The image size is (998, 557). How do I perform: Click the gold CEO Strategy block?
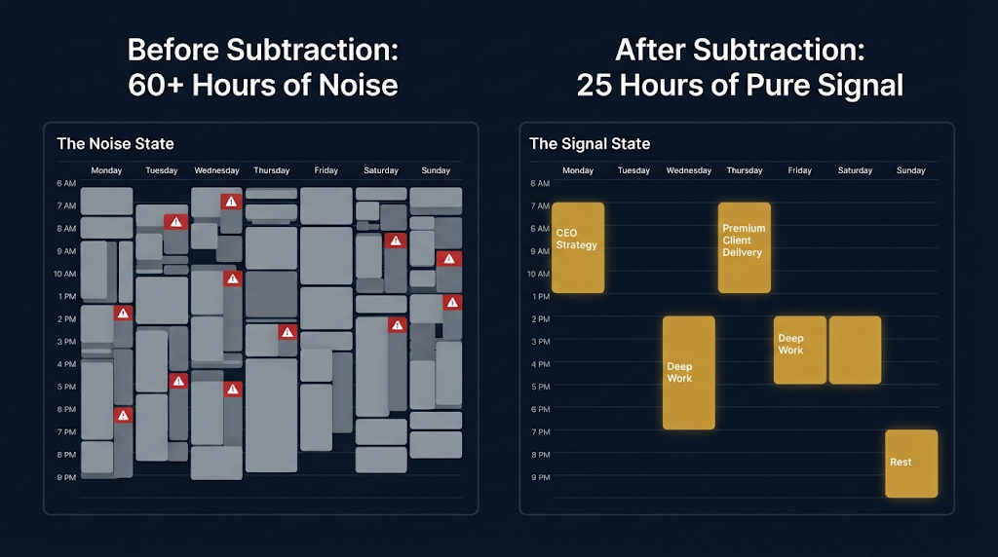(x=578, y=248)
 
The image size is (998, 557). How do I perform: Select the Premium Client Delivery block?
(x=744, y=248)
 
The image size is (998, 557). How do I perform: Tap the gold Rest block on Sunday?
(x=911, y=464)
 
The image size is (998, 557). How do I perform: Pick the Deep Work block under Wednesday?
(x=689, y=373)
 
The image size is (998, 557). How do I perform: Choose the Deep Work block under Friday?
(x=799, y=350)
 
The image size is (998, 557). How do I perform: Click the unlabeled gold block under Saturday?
(x=856, y=350)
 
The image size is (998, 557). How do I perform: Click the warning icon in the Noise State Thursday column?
(x=288, y=332)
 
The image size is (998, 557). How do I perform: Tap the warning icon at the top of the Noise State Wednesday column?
(x=231, y=202)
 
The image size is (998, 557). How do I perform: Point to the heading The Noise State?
(x=115, y=144)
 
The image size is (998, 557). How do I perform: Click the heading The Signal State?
(x=590, y=144)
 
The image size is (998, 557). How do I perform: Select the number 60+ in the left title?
(x=156, y=85)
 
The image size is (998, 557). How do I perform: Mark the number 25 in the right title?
(x=595, y=85)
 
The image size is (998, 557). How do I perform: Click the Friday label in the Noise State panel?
(x=326, y=170)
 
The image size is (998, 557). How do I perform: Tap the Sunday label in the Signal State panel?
(x=911, y=170)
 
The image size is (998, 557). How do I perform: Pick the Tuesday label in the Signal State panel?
(x=633, y=170)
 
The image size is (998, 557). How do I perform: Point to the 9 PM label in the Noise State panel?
(x=66, y=477)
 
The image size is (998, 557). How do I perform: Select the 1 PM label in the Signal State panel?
(x=540, y=296)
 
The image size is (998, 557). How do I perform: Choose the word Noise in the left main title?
(x=359, y=85)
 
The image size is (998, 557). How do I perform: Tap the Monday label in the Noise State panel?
(x=106, y=170)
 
